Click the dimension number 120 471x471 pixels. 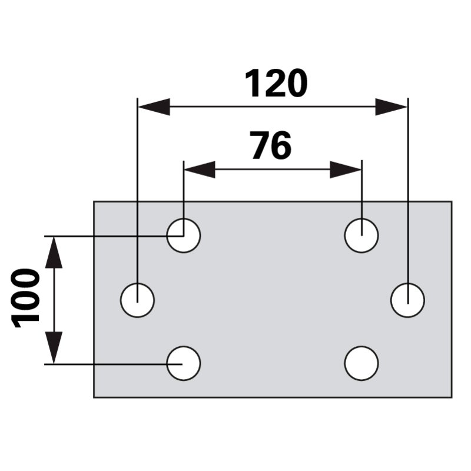(x=276, y=83)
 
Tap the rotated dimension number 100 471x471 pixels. (x=25, y=298)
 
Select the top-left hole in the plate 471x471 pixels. (x=184, y=235)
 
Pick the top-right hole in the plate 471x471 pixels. (x=361, y=235)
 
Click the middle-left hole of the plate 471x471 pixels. (x=137, y=300)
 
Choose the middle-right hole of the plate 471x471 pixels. (x=407, y=300)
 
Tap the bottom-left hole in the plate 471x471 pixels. (x=184, y=363)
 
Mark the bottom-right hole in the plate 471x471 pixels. (x=361, y=363)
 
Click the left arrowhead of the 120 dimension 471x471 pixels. (x=154, y=107)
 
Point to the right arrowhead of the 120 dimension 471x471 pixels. (x=391, y=107)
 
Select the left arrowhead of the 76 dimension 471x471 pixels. (x=200, y=170)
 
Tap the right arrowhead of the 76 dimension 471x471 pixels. (x=346, y=170)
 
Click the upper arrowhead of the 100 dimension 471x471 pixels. (x=54, y=253)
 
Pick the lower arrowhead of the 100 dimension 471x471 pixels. (x=54, y=347)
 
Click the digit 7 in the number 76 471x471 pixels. (x=261, y=145)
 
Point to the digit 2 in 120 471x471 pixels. (x=276, y=83)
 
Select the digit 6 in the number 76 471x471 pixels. (x=282, y=145)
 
